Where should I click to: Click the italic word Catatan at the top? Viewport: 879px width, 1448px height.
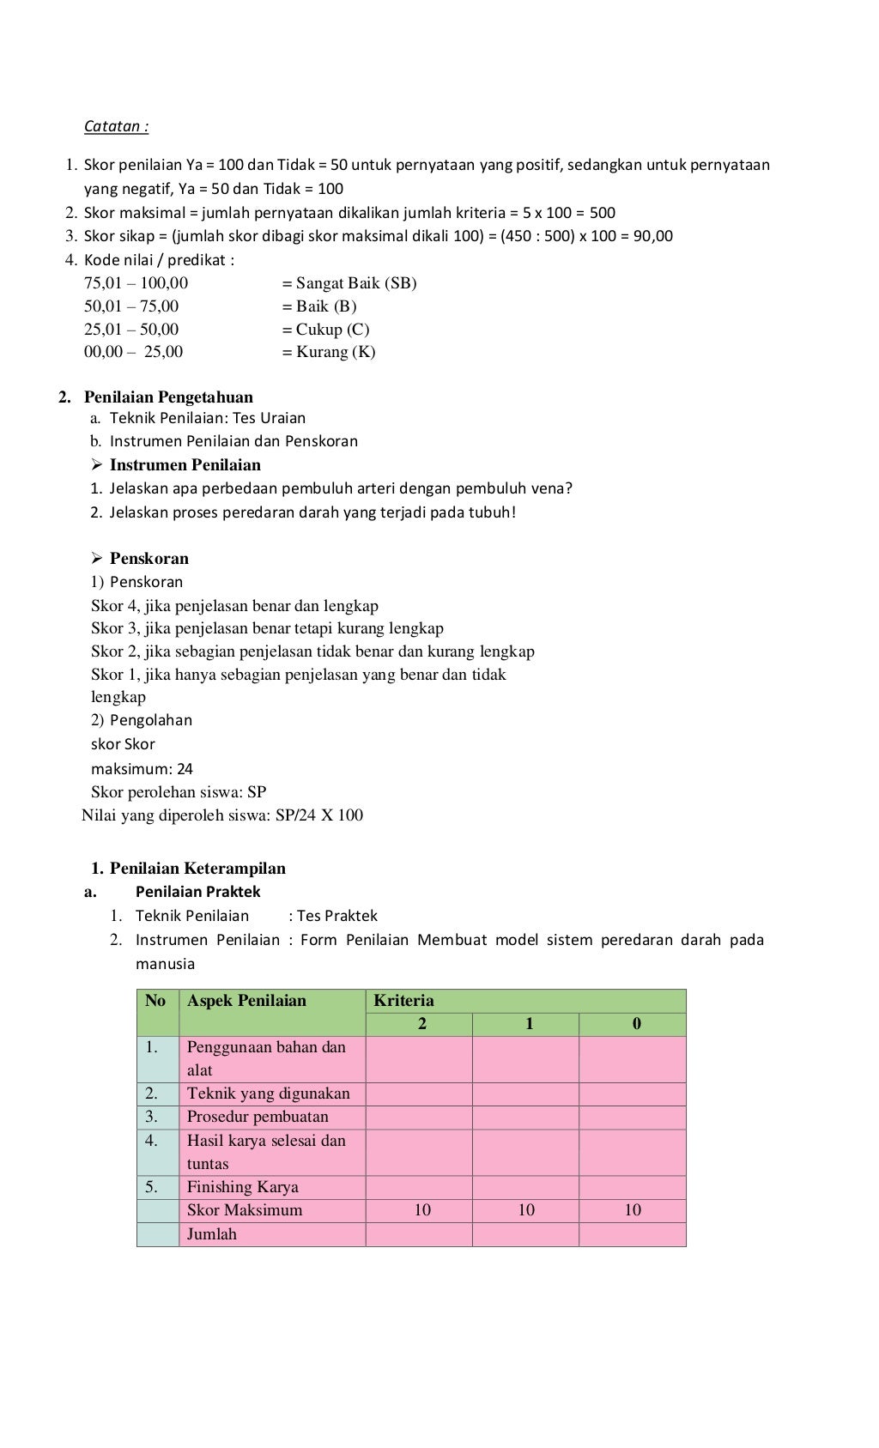click(116, 126)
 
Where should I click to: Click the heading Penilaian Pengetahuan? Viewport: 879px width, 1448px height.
click(168, 397)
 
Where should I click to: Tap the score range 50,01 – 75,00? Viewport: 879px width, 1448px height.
click(131, 306)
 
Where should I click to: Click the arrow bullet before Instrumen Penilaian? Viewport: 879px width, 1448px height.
click(97, 465)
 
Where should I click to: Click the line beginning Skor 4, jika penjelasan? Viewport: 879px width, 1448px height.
click(234, 605)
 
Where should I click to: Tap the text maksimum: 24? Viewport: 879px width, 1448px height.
click(142, 768)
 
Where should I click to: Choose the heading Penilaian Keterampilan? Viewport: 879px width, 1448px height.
click(197, 868)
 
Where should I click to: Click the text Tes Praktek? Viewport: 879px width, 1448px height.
click(336, 916)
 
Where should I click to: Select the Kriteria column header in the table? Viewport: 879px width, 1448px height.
click(403, 1001)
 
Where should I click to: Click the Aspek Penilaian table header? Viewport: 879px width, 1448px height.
click(246, 1001)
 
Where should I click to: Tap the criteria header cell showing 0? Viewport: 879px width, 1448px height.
click(636, 1024)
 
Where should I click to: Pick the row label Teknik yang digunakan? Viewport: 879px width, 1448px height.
click(269, 1094)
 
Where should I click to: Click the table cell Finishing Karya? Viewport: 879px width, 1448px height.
click(243, 1187)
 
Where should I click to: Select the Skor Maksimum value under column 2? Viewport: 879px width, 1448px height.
click(422, 1210)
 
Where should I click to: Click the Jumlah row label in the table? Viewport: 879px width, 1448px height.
click(211, 1234)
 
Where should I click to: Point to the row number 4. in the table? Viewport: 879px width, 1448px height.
click(151, 1141)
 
